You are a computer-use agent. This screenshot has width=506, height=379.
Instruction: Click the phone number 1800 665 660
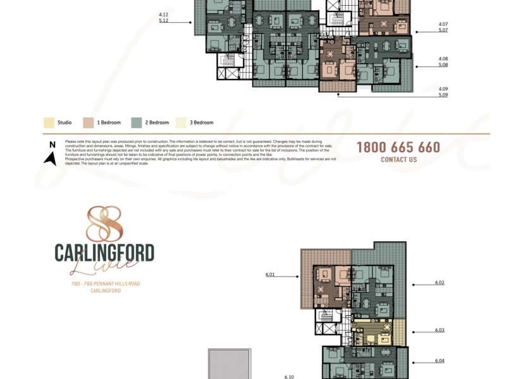coord(398,147)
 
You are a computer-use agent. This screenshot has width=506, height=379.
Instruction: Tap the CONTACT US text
coord(398,160)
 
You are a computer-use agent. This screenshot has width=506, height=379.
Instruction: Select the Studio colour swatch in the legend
coord(49,123)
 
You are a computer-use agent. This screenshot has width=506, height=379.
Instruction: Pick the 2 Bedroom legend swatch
coord(136,123)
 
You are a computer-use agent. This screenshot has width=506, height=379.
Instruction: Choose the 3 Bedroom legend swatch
coord(181,123)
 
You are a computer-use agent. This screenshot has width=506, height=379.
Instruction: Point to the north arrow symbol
coord(50,158)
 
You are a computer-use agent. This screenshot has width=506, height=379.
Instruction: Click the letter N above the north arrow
coord(52,145)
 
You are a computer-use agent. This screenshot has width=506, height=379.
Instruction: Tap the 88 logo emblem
coord(104,224)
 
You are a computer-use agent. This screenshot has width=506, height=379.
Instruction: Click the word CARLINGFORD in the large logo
coord(104,253)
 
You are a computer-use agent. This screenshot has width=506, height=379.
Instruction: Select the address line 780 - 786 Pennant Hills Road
coord(105,284)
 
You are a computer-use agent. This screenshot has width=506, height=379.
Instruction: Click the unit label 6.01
coord(271,275)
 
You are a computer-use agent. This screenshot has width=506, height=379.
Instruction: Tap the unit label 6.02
coord(440,282)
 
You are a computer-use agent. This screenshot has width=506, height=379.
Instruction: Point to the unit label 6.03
coord(440,330)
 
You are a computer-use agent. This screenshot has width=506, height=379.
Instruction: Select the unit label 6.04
coord(440,360)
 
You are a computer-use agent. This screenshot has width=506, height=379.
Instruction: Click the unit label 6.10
coord(289,376)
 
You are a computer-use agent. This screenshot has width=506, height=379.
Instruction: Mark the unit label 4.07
coord(443,25)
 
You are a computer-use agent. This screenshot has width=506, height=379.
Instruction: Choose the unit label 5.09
coord(443,95)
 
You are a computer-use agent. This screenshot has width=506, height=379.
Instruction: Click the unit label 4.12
coord(164,15)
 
